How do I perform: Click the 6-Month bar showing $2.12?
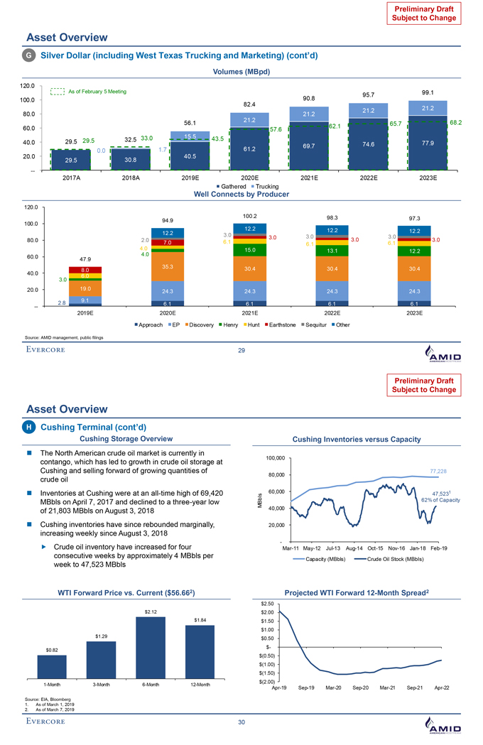pyautogui.click(x=151, y=647)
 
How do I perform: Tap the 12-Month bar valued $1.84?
pyautogui.click(x=200, y=651)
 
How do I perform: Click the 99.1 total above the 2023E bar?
pyautogui.click(x=428, y=92)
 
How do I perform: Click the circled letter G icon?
pyautogui.click(x=31, y=55)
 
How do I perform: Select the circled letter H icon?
pyautogui.click(x=31, y=426)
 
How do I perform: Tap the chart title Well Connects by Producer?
pyautogui.click(x=241, y=195)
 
